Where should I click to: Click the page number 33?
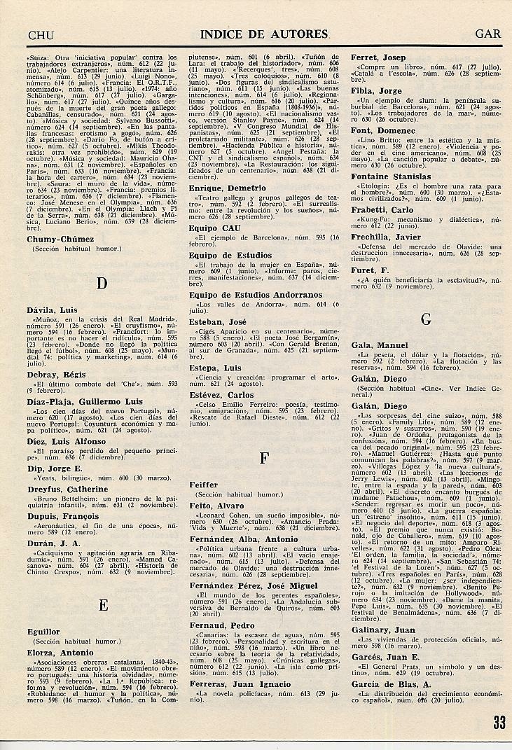click(x=499, y=723)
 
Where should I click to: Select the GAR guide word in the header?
click(x=486, y=34)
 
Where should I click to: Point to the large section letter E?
click(x=103, y=605)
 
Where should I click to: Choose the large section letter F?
click(x=264, y=459)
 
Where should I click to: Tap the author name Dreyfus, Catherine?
click(x=67, y=489)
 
